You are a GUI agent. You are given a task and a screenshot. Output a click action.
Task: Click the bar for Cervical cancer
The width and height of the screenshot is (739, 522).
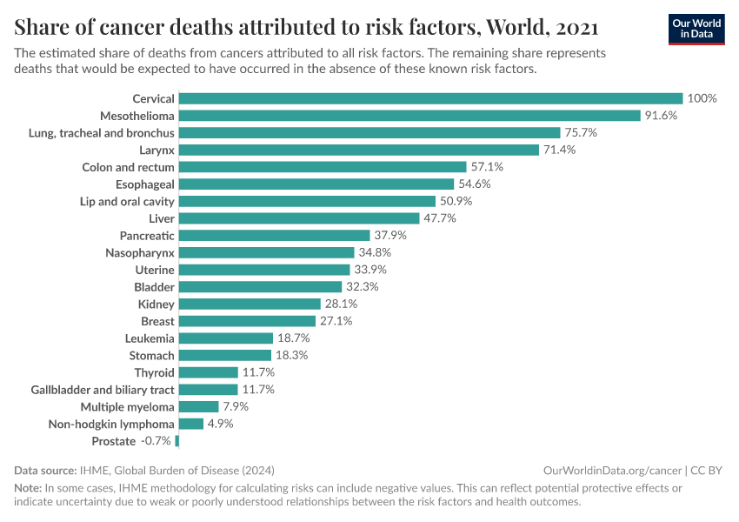tap(430, 98)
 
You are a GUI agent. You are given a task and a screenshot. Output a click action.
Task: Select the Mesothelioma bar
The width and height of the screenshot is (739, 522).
tap(409, 116)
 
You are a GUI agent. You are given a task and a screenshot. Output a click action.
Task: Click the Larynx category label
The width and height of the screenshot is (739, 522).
tap(156, 150)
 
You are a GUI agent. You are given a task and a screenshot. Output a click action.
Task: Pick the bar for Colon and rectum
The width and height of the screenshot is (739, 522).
tap(323, 167)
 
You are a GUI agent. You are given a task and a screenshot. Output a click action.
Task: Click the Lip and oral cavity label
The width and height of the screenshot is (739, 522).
tap(127, 201)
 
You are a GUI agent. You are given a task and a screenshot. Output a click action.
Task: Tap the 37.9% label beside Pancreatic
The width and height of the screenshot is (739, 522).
tap(389, 236)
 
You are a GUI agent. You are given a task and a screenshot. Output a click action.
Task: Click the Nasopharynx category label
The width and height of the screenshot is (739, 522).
tap(140, 252)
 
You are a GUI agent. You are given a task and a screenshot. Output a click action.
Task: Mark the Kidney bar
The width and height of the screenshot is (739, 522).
tap(250, 304)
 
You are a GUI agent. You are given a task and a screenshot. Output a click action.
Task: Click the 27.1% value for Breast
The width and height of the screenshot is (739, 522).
tap(336, 321)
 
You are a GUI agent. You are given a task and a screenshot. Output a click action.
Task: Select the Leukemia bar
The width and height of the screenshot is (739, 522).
tap(226, 338)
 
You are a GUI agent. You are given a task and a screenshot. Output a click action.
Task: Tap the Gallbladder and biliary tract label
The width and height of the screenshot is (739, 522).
tap(103, 390)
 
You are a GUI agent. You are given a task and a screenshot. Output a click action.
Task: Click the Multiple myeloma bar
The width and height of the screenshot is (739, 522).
tap(198, 407)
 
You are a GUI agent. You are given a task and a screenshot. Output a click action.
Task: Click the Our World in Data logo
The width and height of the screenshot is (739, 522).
tap(696, 29)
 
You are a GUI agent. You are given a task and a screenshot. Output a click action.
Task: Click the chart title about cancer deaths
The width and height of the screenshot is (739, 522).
tap(306, 27)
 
